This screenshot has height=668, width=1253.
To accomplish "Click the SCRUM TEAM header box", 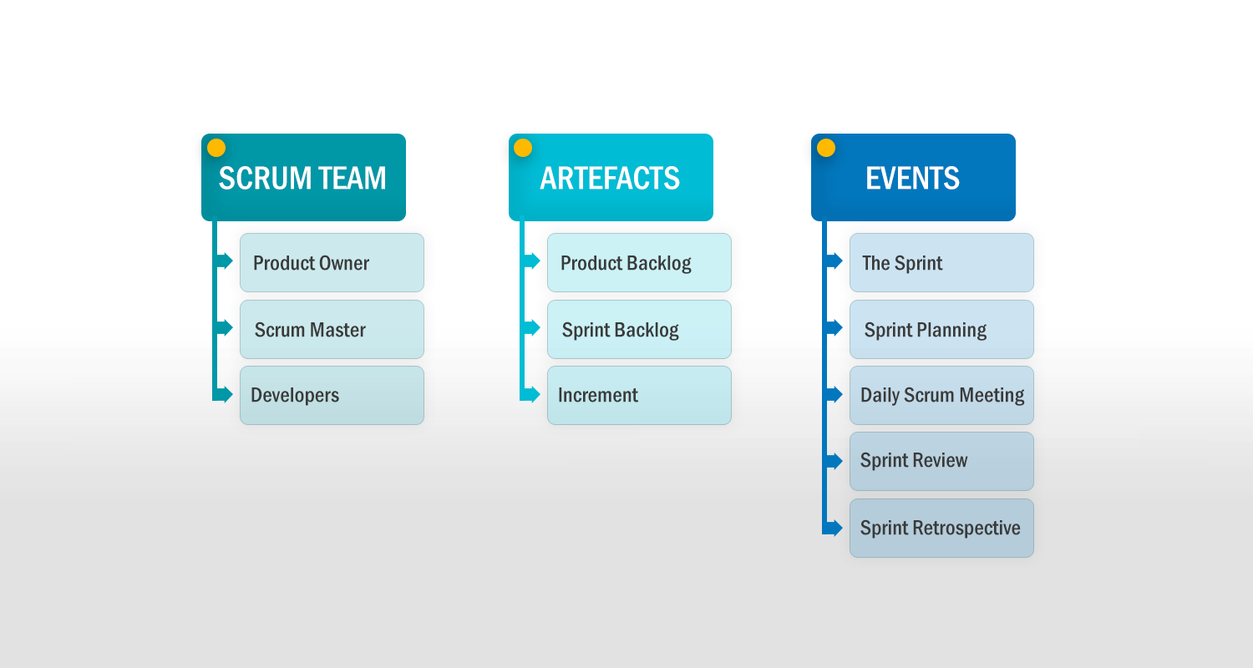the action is point(304,177).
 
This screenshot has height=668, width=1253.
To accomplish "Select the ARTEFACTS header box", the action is point(611,177).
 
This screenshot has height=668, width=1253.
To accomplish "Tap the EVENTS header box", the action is point(914,177).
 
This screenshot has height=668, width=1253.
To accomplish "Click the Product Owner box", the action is point(332,263).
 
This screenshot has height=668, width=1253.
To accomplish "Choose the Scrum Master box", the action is point(332,329).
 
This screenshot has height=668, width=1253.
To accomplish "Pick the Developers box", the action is point(332,395).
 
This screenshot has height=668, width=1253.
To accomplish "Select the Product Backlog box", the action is point(639,263).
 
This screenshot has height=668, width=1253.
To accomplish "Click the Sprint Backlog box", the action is point(639,329).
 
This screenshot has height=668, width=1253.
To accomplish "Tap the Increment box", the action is point(639,395).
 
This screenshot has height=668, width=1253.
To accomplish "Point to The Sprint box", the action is point(941,263).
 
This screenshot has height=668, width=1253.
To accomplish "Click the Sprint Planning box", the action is point(941,329).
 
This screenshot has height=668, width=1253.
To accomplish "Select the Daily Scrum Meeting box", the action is point(941,395).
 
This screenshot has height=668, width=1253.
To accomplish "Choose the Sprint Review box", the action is point(941,461).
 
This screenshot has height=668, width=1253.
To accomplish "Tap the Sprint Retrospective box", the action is point(941,529).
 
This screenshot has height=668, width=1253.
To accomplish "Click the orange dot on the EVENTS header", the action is point(826,148).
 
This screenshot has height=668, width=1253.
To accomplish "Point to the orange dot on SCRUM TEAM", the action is point(216,148).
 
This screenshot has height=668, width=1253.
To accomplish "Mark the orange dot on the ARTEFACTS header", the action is point(523,148).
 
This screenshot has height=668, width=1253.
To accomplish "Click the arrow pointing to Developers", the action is point(224,395).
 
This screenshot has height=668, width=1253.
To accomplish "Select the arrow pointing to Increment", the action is point(530,395).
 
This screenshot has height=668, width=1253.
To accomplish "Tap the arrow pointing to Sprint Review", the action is point(834,461).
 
